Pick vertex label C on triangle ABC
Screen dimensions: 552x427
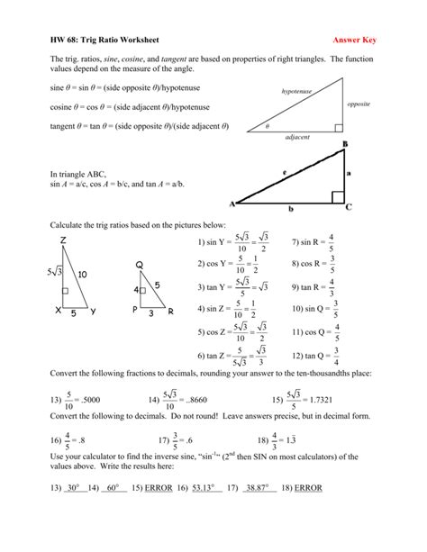click(349, 206)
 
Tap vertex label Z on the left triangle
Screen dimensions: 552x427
click(63, 240)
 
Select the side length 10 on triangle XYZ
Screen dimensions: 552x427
click(82, 275)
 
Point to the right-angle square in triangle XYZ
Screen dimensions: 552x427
click(65, 292)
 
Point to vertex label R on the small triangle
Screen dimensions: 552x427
click(170, 311)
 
